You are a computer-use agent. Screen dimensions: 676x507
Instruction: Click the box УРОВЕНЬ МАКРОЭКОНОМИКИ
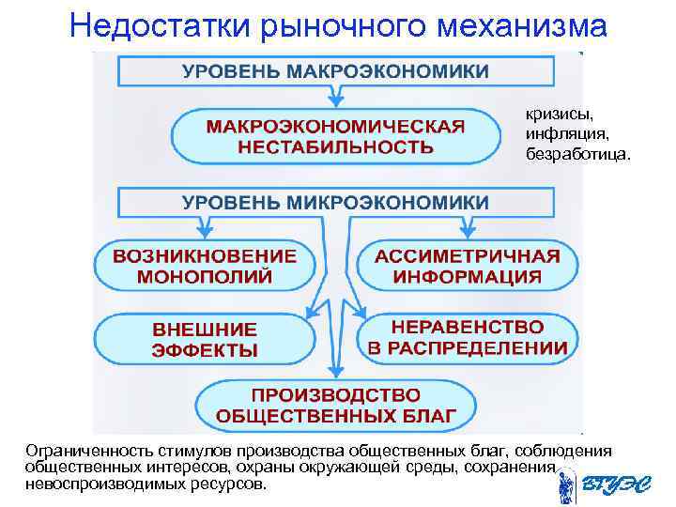pyautogui.click(x=335, y=71)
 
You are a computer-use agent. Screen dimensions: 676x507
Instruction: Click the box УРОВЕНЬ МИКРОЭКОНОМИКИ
pyautogui.click(x=335, y=202)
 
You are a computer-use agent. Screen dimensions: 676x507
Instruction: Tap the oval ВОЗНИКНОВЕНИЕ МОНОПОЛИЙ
pyautogui.click(x=205, y=266)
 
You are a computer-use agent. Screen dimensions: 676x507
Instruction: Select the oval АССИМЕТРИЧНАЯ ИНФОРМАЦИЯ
pyautogui.click(x=468, y=266)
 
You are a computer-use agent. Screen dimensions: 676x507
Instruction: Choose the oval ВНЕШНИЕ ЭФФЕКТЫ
pyautogui.click(x=205, y=339)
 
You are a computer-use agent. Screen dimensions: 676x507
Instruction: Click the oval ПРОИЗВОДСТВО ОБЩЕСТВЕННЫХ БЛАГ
pyautogui.click(x=335, y=405)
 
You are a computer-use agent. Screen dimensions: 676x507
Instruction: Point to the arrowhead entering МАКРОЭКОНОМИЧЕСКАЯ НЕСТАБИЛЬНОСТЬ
pyautogui.click(x=335, y=100)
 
